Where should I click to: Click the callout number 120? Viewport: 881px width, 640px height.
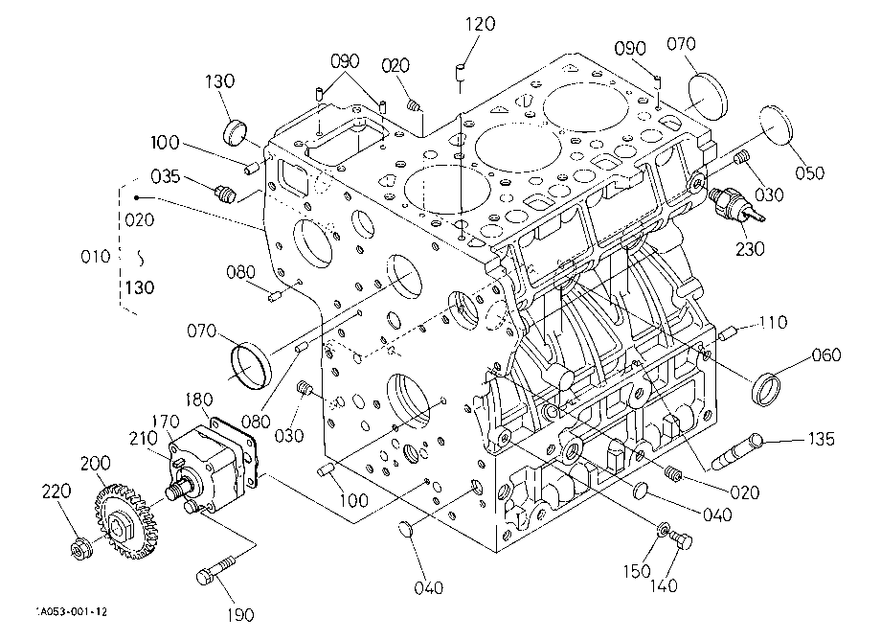pyautogui.click(x=481, y=24)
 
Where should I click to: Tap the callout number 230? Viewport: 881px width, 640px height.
pyautogui.click(x=750, y=248)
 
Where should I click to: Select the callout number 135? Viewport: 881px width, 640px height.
pyautogui.click(x=821, y=439)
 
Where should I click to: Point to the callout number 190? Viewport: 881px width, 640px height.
pyautogui.click(x=240, y=615)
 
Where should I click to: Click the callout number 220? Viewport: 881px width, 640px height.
pyautogui.click(x=56, y=491)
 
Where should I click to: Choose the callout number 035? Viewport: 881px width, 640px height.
pyautogui.click(x=165, y=176)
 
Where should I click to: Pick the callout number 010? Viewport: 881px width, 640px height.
pyautogui.click(x=96, y=257)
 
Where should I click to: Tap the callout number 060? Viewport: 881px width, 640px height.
pyautogui.click(x=825, y=355)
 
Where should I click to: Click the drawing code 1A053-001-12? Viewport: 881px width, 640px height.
pyautogui.click(x=72, y=611)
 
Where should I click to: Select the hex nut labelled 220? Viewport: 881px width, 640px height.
pyautogui.click(x=80, y=548)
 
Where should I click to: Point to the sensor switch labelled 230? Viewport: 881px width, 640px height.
pyautogui.click(x=734, y=204)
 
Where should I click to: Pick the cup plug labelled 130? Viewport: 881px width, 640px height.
pyautogui.click(x=235, y=132)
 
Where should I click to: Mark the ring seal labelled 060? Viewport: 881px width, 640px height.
pyautogui.click(x=766, y=388)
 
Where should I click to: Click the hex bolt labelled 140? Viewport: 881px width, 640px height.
pyautogui.click(x=682, y=540)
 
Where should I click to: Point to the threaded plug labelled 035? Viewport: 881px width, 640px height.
pyautogui.click(x=224, y=194)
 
